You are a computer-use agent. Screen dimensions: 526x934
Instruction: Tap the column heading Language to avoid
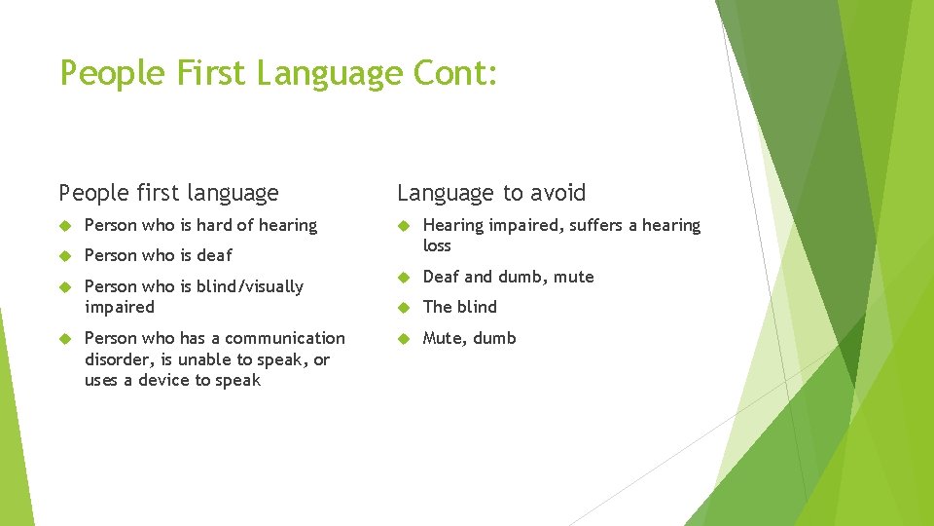point(491,193)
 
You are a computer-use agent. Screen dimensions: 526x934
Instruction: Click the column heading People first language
point(168,193)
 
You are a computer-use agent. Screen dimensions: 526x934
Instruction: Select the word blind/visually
point(250,286)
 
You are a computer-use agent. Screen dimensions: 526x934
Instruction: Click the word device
point(160,380)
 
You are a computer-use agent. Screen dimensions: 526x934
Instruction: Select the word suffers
point(597,225)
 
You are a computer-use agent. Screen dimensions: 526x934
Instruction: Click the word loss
point(437,245)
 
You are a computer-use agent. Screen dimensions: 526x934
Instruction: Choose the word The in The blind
point(438,307)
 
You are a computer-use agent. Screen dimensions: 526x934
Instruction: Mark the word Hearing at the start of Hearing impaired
point(452,225)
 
